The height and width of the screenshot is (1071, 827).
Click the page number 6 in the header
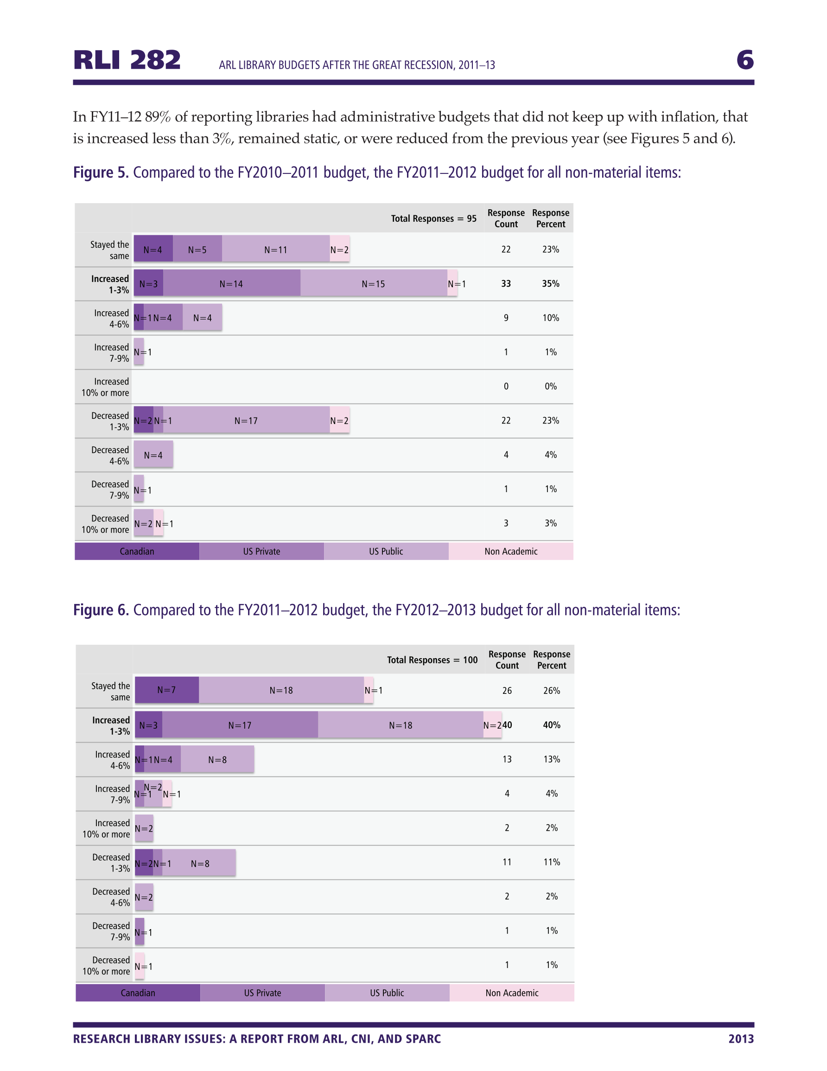pos(744,60)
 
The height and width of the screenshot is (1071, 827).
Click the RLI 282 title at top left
pos(127,60)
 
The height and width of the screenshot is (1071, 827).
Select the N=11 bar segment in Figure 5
pos(275,249)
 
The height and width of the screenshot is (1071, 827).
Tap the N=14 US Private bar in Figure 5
pos(231,283)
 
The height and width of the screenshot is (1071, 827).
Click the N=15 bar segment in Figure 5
pos(374,283)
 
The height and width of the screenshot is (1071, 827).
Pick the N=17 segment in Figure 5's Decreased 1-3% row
pos(246,420)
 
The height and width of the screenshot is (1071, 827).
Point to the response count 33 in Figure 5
pos(506,283)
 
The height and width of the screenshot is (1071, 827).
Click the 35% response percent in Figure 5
pos(551,283)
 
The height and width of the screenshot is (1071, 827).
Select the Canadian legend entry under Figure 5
pos(137,551)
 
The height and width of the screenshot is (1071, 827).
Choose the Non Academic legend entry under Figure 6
pos(512,993)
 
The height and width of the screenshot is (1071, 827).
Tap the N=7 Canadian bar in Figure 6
pos(167,690)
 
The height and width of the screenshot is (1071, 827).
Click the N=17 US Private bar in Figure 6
pos(240,725)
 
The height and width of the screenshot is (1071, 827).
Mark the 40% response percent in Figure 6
pos(552,725)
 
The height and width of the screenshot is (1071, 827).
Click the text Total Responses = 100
pos(432,660)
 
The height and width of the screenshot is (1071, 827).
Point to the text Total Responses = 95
pos(433,218)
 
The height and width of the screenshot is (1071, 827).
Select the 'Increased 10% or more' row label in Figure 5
pos(105,387)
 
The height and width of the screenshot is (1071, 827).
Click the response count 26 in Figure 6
pos(507,691)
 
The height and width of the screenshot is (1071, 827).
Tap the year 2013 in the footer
pos(741,1039)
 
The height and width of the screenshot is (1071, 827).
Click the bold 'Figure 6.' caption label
pos(101,609)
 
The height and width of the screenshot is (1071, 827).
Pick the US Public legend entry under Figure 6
pos(387,993)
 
